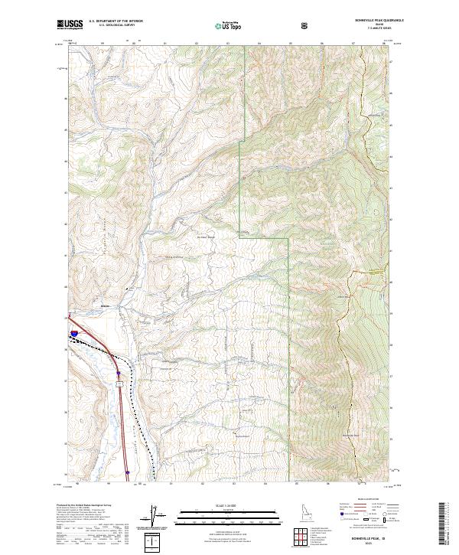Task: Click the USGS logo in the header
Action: point(70,24)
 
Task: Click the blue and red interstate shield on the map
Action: point(73,333)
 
